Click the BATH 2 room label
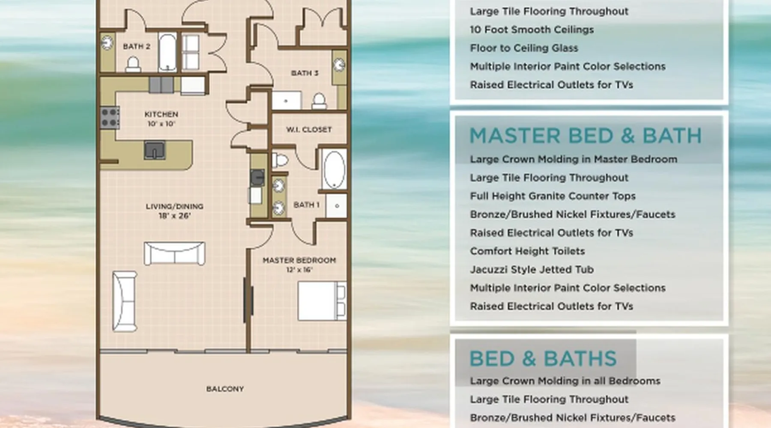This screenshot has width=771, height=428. click(137, 46)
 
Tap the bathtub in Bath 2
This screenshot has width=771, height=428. click(167, 52)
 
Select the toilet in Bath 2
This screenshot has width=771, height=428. click(133, 65)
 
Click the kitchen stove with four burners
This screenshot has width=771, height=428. click(110, 118)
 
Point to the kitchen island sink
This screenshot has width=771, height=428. click(154, 150)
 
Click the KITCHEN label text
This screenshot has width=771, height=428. click(161, 114)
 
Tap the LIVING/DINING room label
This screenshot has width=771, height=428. click(174, 206)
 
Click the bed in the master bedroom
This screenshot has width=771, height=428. click(322, 301)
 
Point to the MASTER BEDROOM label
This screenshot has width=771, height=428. click(299, 260)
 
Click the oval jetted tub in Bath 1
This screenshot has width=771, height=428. click(334, 169)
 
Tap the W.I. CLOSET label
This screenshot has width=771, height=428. click(309, 129)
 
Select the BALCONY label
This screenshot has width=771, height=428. click(225, 389)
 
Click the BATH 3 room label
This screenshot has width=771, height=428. click(305, 73)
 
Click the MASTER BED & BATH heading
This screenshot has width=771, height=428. click(586, 136)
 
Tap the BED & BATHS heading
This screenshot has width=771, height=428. click(543, 359)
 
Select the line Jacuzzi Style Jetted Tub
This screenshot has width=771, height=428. click(532, 270)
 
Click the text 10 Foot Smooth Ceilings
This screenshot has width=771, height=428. click(532, 30)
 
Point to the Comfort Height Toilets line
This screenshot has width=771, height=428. click(527, 251)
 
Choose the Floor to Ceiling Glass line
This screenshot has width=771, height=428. click(524, 48)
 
